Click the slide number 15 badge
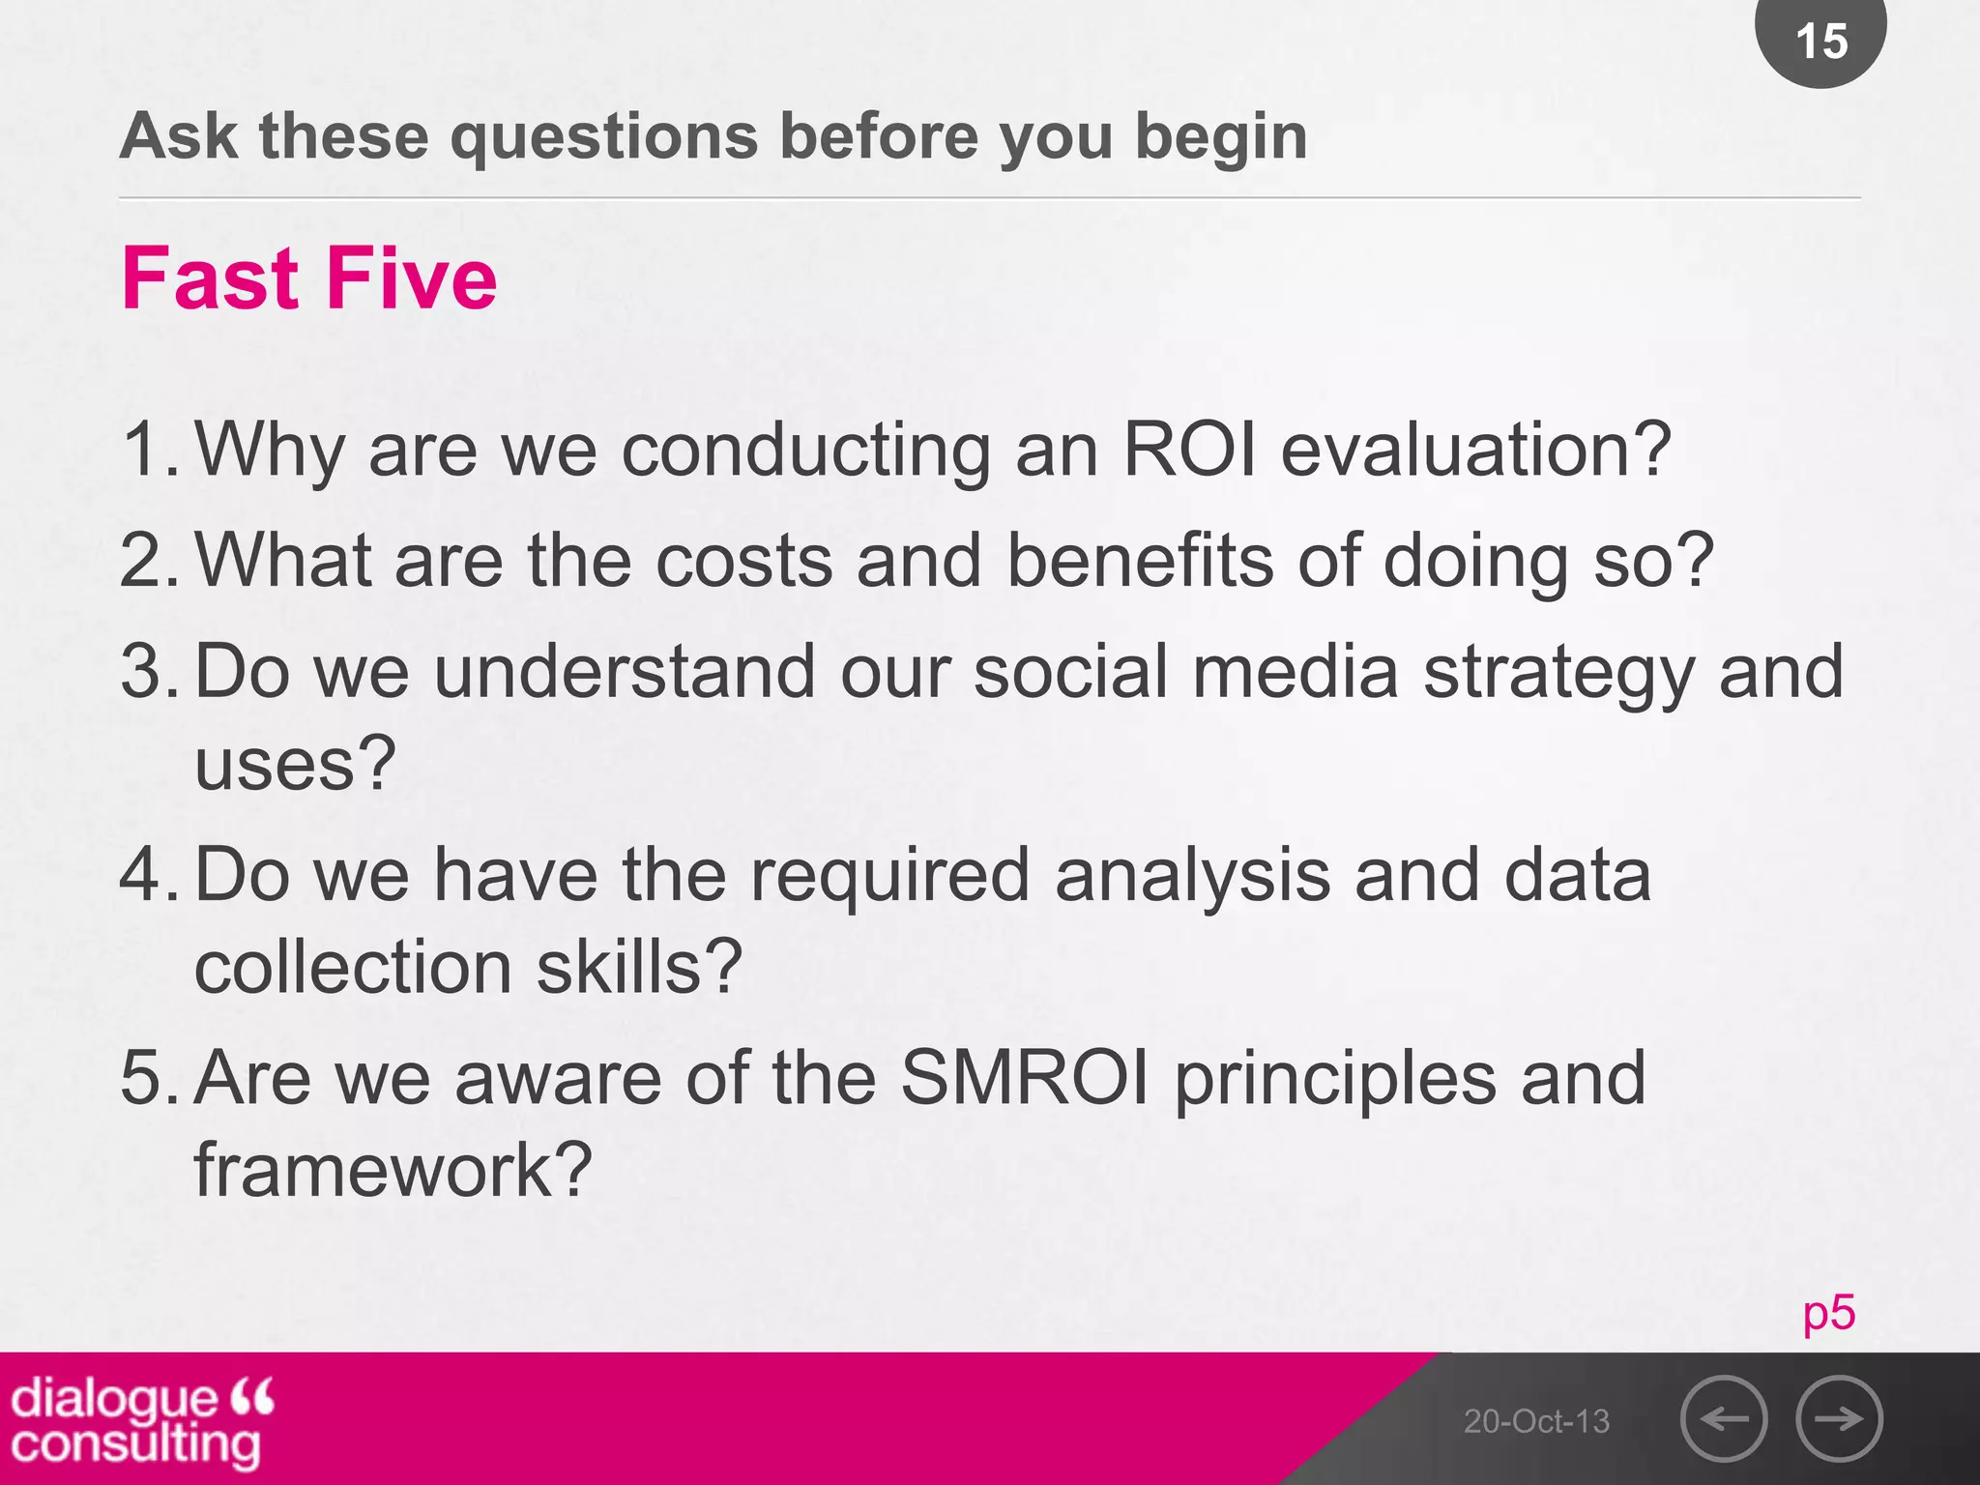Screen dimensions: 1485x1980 1820,41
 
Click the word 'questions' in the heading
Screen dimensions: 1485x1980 604,136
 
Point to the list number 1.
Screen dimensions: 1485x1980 145,450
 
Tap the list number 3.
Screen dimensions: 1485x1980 145,671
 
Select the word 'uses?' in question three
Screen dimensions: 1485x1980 295,764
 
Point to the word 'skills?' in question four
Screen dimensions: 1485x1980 639,967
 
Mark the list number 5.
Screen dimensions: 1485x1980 145,1078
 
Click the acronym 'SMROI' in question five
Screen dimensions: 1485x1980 1025,1078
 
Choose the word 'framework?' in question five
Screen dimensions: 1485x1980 393,1170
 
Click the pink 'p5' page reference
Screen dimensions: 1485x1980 1828,1313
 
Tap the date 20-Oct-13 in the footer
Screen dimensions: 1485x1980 1536,1420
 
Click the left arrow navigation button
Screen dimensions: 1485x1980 1724,1418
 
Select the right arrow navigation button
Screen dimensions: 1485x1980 1839,1418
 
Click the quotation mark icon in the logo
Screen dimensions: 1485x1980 253,1396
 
